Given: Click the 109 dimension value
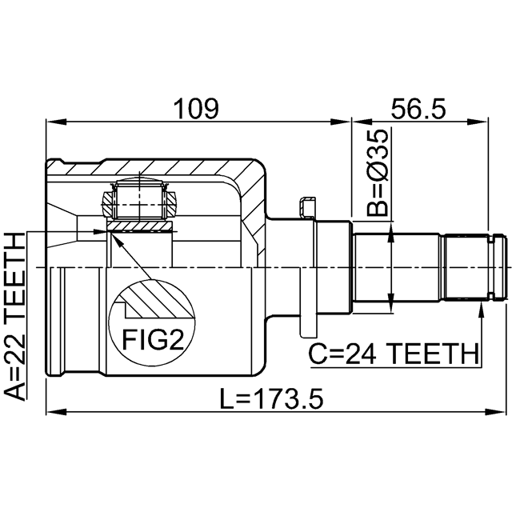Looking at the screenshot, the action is [196, 109].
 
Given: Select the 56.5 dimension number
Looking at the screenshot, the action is [418, 109].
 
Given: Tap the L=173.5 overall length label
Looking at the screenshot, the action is [272, 398].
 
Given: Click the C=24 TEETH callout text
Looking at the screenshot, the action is [394, 354].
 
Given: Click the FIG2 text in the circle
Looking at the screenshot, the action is [153, 339].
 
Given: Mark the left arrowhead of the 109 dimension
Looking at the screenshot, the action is [56, 122].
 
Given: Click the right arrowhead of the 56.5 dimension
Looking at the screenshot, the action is [478, 122].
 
